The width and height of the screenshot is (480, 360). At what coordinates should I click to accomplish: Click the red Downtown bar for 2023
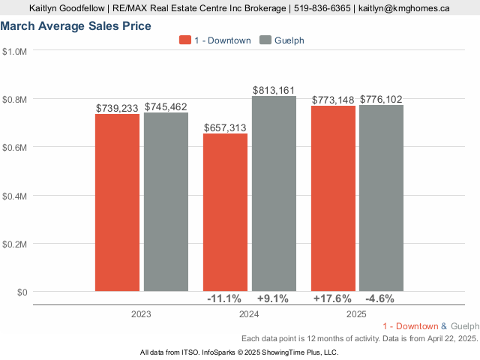tap(117, 202)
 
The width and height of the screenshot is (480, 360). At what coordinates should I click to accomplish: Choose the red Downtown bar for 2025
tap(333, 198)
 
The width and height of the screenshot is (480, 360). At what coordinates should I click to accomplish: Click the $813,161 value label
tap(274, 91)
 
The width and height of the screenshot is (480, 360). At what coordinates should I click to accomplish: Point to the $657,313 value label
tap(225, 128)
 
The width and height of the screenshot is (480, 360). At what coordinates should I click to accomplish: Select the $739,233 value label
tap(117, 108)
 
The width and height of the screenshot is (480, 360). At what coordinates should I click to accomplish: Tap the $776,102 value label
tap(382, 99)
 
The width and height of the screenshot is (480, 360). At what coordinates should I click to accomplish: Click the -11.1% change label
tap(224, 298)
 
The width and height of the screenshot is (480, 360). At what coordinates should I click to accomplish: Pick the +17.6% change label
tap(332, 298)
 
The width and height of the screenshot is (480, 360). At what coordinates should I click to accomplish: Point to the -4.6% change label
tap(380, 298)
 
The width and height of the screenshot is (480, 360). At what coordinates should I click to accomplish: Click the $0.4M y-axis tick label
tap(14, 196)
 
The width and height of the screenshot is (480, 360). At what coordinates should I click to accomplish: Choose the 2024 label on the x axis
tap(250, 315)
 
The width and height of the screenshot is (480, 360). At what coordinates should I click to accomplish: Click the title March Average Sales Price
tap(76, 26)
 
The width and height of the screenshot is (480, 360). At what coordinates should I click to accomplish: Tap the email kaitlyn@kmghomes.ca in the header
tap(403, 8)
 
